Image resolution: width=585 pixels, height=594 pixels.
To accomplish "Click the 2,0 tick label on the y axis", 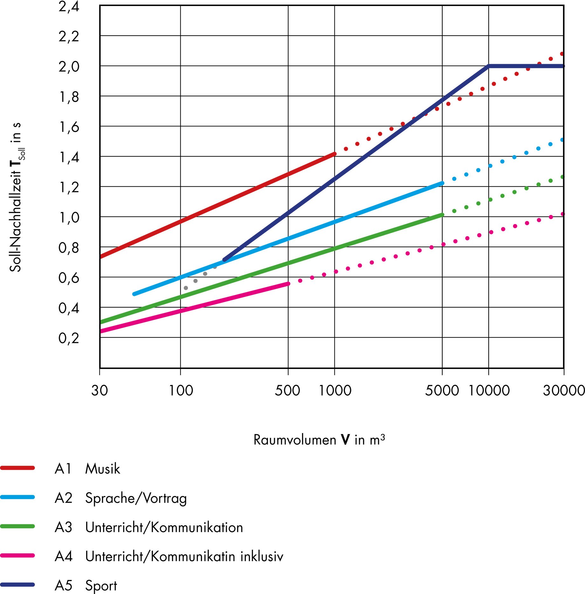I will click(x=69, y=67).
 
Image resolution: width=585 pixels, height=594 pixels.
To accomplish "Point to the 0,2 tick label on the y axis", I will click(x=69, y=338).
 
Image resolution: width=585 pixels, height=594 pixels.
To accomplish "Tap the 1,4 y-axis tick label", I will click(x=69, y=157).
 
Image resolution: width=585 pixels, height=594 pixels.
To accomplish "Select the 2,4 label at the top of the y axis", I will click(x=69, y=7).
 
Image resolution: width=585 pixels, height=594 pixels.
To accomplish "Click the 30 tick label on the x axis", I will click(x=100, y=390).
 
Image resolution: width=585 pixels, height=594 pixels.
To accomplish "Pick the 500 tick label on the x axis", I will click(x=287, y=390).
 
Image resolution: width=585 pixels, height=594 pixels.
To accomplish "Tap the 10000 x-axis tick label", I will click(x=489, y=390).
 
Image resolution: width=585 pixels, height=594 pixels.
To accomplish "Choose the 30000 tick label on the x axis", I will click(x=564, y=390).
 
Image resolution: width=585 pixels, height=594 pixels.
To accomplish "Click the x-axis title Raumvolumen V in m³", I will click(x=319, y=440).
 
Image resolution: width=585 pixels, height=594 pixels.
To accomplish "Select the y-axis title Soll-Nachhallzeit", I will click(x=16, y=197).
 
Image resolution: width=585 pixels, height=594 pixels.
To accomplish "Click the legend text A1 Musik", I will click(x=87, y=469).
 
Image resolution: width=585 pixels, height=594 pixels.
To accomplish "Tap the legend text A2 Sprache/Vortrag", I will click(x=120, y=498).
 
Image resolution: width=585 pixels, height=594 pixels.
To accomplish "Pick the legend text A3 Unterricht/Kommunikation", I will click(x=148, y=527).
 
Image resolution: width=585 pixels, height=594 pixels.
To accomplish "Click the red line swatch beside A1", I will click(x=17, y=468).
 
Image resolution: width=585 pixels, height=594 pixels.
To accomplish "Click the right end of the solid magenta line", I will click(x=288, y=284).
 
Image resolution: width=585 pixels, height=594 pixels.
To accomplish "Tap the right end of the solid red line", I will click(x=334, y=154).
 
